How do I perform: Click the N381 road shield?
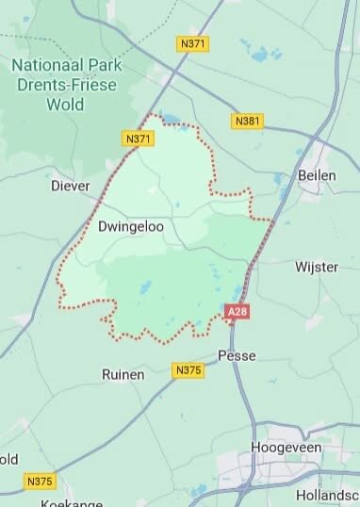246,122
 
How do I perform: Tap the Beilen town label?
317,175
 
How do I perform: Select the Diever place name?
70,186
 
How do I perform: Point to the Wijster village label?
316,267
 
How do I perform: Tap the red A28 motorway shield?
237,311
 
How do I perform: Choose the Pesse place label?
237,355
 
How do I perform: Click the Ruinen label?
123,374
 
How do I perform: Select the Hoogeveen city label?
286,448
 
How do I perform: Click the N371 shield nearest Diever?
139,139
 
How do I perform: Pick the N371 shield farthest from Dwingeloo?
194,43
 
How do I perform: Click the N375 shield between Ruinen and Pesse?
188,370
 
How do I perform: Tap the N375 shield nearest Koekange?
40,482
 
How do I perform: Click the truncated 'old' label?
8,459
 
